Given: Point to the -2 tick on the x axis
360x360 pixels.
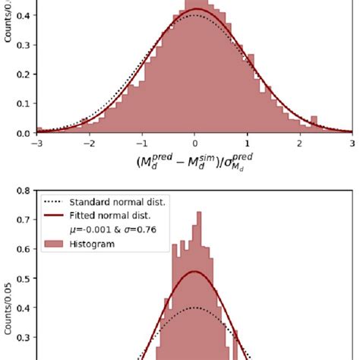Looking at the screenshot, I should (89, 142).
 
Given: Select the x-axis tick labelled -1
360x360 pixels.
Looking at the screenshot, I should (141, 142).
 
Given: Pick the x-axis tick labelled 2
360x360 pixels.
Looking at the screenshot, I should (300, 142).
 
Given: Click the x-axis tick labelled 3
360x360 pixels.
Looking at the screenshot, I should (352, 142).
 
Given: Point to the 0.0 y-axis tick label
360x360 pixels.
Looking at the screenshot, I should (24, 134).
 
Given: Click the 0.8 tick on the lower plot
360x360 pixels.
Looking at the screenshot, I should (24, 191).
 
